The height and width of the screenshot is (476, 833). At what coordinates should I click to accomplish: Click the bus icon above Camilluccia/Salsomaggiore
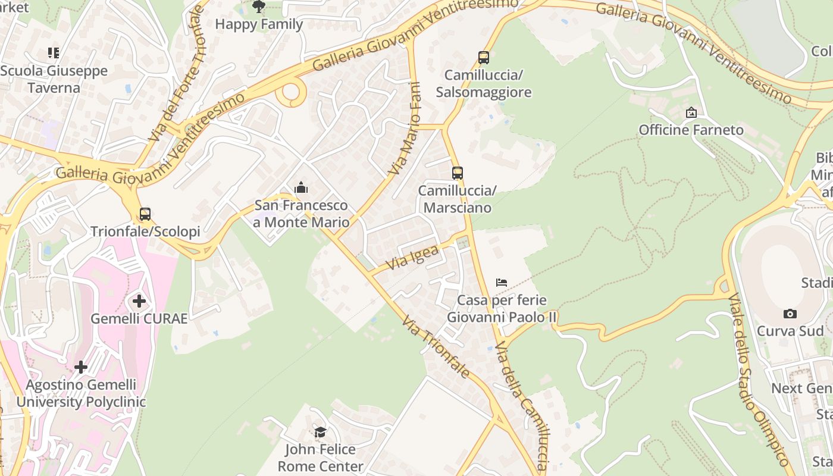484,58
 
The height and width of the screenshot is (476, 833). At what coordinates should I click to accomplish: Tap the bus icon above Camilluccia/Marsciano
457,173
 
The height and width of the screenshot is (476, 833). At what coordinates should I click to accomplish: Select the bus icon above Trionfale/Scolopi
145,214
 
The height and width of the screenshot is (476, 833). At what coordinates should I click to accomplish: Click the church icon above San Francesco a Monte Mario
301,189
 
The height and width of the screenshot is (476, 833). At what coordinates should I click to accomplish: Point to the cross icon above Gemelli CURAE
139,302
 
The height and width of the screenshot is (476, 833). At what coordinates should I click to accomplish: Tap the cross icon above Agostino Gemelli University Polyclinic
81,367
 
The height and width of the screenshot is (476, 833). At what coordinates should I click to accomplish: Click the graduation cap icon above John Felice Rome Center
320,432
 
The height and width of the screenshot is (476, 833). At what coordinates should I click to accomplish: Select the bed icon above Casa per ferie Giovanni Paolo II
502,283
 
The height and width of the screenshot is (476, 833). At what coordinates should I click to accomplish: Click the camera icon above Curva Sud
790,314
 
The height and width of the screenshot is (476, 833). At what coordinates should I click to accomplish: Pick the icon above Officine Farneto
691,112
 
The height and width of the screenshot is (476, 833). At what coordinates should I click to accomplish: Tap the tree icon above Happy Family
259,7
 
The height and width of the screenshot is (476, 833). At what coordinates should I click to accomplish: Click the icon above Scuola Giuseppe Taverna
54,53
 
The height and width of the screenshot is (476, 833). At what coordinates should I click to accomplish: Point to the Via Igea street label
412,257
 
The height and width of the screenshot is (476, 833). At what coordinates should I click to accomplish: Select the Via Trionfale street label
436,347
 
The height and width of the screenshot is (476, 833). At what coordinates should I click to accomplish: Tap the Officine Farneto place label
691,130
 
